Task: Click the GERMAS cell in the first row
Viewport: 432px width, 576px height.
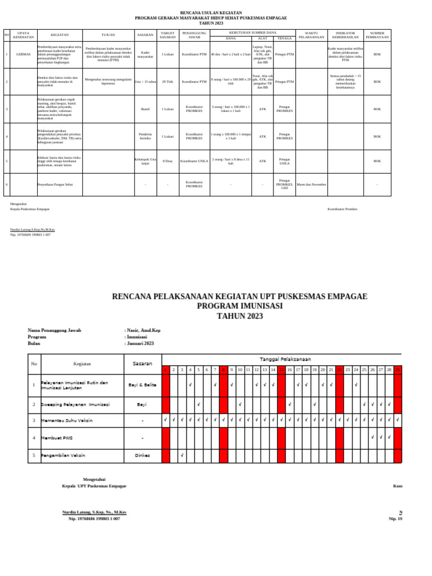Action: tap(24, 55)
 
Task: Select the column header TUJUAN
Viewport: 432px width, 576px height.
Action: tap(109, 34)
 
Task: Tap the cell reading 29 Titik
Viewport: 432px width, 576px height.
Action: tap(168, 82)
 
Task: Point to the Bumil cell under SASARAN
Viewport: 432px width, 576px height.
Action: tap(146, 109)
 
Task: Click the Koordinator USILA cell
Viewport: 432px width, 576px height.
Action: tap(195, 161)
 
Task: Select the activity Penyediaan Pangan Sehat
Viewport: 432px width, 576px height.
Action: tap(56, 184)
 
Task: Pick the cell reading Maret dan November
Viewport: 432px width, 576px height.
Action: tap(311, 184)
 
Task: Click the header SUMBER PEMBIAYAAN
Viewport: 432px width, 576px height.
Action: tap(377, 34)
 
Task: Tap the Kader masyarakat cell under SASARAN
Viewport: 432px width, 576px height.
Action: tap(146, 55)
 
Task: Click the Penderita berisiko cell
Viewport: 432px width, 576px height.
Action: tap(146, 136)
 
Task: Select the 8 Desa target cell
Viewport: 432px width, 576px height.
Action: tap(168, 161)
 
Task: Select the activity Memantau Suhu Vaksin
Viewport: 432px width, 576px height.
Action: tap(67, 420)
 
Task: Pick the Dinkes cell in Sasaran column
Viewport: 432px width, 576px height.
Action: tap(142, 454)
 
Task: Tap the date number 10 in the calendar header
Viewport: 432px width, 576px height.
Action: tap(240, 370)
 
